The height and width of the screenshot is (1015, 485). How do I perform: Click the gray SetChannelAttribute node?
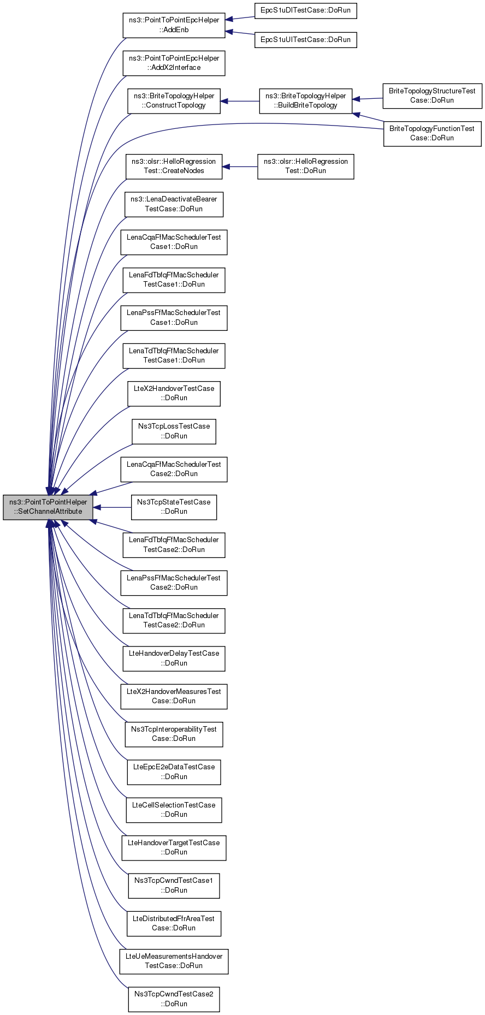tap(48, 507)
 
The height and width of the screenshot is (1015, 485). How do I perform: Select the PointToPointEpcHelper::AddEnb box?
tap(174, 25)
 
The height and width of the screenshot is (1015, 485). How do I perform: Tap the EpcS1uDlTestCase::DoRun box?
tap(305, 10)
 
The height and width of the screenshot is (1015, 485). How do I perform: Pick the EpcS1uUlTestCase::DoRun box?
tap(305, 40)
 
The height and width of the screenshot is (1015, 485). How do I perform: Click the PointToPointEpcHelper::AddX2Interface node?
tap(174, 63)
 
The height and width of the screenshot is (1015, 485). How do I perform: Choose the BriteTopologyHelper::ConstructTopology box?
tap(174, 101)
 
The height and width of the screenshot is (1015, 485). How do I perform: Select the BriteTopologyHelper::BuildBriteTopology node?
tap(305, 101)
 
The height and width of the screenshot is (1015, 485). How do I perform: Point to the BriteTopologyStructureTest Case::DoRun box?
tap(432, 96)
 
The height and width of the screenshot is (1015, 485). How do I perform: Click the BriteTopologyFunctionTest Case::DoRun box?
tap(432, 134)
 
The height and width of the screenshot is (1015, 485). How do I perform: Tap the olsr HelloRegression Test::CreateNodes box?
tap(174, 167)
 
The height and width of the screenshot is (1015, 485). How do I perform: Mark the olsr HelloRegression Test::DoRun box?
tap(305, 167)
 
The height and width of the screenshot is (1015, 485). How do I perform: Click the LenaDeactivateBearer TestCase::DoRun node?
tap(174, 204)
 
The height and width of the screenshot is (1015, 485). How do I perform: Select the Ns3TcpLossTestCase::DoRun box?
tap(174, 431)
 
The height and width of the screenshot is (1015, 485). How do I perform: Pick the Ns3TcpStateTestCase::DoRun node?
tap(174, 507)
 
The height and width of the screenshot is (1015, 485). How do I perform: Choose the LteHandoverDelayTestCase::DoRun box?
tap(174, 658)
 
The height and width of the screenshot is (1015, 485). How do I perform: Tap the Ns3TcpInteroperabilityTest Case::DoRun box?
tap(174, 734)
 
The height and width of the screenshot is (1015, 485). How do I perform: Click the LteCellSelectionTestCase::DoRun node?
tap(174, 810)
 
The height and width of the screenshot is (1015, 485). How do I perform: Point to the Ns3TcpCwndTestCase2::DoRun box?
tap(174, 999)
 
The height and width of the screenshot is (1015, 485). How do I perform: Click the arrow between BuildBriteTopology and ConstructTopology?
tap(240, 101)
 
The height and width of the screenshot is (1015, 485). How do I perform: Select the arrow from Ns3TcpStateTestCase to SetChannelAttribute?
tap(112, 507)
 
